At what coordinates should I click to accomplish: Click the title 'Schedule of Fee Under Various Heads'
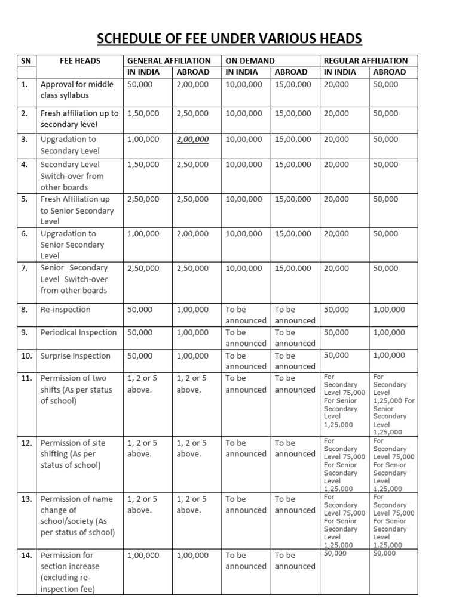point(229,39)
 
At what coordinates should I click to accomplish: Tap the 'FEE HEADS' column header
point(80,61)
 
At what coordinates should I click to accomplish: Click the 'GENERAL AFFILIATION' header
point(169,61)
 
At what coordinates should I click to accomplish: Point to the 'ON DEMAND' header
point(250,61)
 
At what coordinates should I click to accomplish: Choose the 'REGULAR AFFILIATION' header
point(366,61)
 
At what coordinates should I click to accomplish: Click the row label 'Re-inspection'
point(66,310)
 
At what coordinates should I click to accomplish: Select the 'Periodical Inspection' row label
point(79,333)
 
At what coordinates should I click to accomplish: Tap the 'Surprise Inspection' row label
point(75,356)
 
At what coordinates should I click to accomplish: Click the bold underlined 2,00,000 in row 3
point(192,140)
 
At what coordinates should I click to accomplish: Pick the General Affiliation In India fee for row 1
point(140,85)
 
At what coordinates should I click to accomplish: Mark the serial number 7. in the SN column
point(25,268)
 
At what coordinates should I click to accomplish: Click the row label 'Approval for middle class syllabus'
point(76,90)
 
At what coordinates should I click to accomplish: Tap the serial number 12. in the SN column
point(26,443)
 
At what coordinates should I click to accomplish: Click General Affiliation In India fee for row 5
point(143,199)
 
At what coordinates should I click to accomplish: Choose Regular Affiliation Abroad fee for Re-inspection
point(388,310)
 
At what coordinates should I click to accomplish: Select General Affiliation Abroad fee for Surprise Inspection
point(192,356)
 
